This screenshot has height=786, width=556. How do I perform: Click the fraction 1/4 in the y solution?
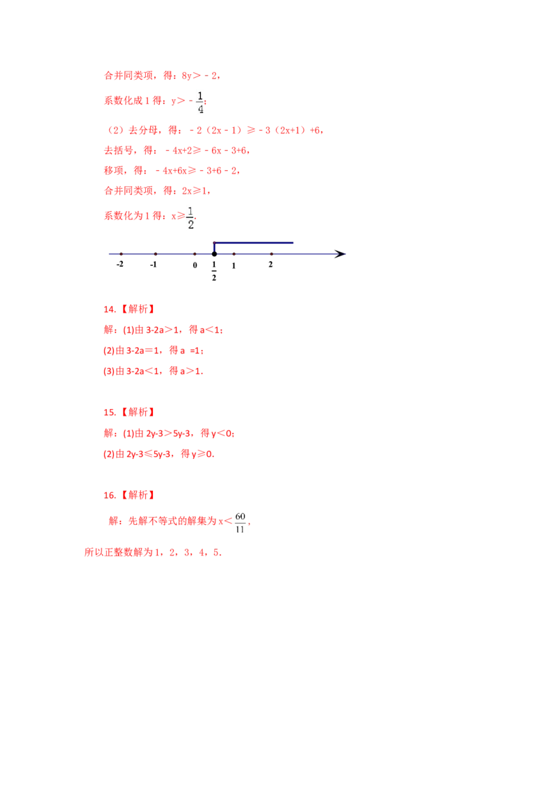click(200, 102)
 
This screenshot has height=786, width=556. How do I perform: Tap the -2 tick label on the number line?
click(120, 264)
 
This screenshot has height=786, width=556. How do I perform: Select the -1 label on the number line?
click(154, 265)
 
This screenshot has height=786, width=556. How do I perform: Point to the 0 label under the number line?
click(195, 265)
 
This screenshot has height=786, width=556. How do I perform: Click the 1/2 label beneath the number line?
click(214, 271)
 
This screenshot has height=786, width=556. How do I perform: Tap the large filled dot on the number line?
click(214, 254)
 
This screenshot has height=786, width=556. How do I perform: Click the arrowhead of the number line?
click(341, 254)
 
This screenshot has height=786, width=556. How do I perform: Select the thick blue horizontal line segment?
click(254, 242)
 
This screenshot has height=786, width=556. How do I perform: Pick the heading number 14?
click(109, 309)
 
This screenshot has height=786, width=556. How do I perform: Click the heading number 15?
click(109, 412)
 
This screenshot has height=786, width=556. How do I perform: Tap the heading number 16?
click(109, 495)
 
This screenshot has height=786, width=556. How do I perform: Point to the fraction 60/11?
click(240, 522)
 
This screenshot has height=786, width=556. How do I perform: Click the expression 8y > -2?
click(199, 76)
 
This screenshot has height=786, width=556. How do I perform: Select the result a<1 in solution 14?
click(211, 330)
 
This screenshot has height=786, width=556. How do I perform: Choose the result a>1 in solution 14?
click(191, 371)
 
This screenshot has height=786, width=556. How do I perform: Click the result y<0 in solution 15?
click(222, 433)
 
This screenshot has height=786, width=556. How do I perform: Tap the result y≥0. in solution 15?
click(203, 454)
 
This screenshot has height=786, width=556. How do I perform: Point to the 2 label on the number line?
click(270, 265)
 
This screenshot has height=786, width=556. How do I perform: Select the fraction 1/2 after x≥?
click(190, 217)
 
